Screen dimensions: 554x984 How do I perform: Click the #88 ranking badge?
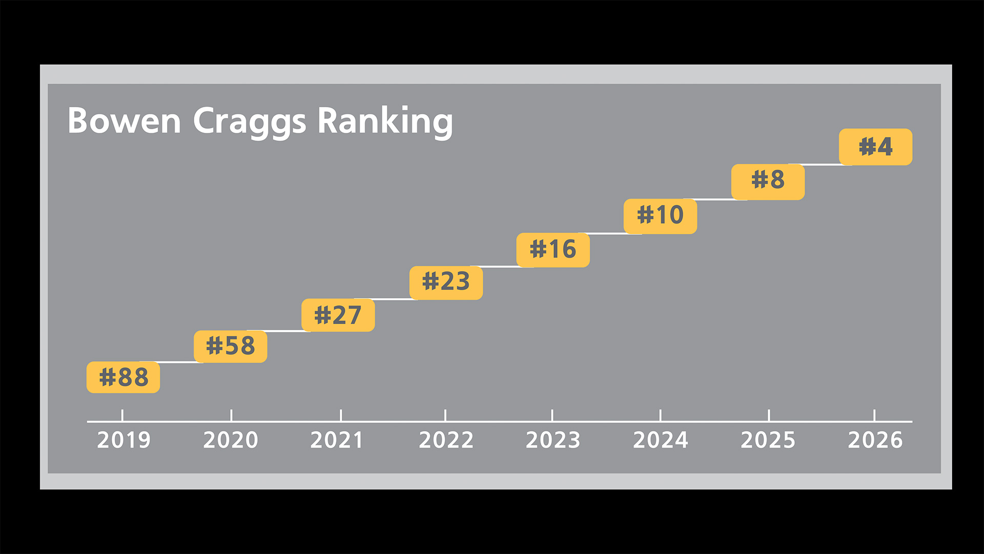(x=123, y=377)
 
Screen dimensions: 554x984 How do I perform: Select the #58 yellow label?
(x=231, y=346)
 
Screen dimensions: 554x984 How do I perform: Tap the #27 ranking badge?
(x=338, y=315)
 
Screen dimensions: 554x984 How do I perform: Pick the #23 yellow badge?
(x=446, y=282)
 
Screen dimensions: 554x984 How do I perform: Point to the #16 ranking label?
(x=553, y=250)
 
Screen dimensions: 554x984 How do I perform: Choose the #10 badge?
(x=660, y=215)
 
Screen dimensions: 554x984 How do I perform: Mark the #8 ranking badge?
(x=768, y=181)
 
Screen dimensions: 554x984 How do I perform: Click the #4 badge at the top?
(x=875, y=147)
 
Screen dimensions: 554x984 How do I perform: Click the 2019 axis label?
(x=124, y=440)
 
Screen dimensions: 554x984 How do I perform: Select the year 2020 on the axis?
(x=231, y=440)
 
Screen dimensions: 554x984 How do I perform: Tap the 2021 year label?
(x=337, y=440)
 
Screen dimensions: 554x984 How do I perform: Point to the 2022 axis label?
(x=446, y=440)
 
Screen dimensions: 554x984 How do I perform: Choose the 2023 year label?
(x=553, y=440)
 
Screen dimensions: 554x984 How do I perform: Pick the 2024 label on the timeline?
(x=660, y=440)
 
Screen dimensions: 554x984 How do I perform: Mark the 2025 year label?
(x=768, y=440)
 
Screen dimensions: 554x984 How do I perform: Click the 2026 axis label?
(x=875, y=440)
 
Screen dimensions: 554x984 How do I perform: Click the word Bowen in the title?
(x=124, y=121)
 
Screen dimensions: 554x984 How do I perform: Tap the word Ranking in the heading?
(x=385, y=122)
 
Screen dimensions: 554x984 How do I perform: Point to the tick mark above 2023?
(x=552, y=415)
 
